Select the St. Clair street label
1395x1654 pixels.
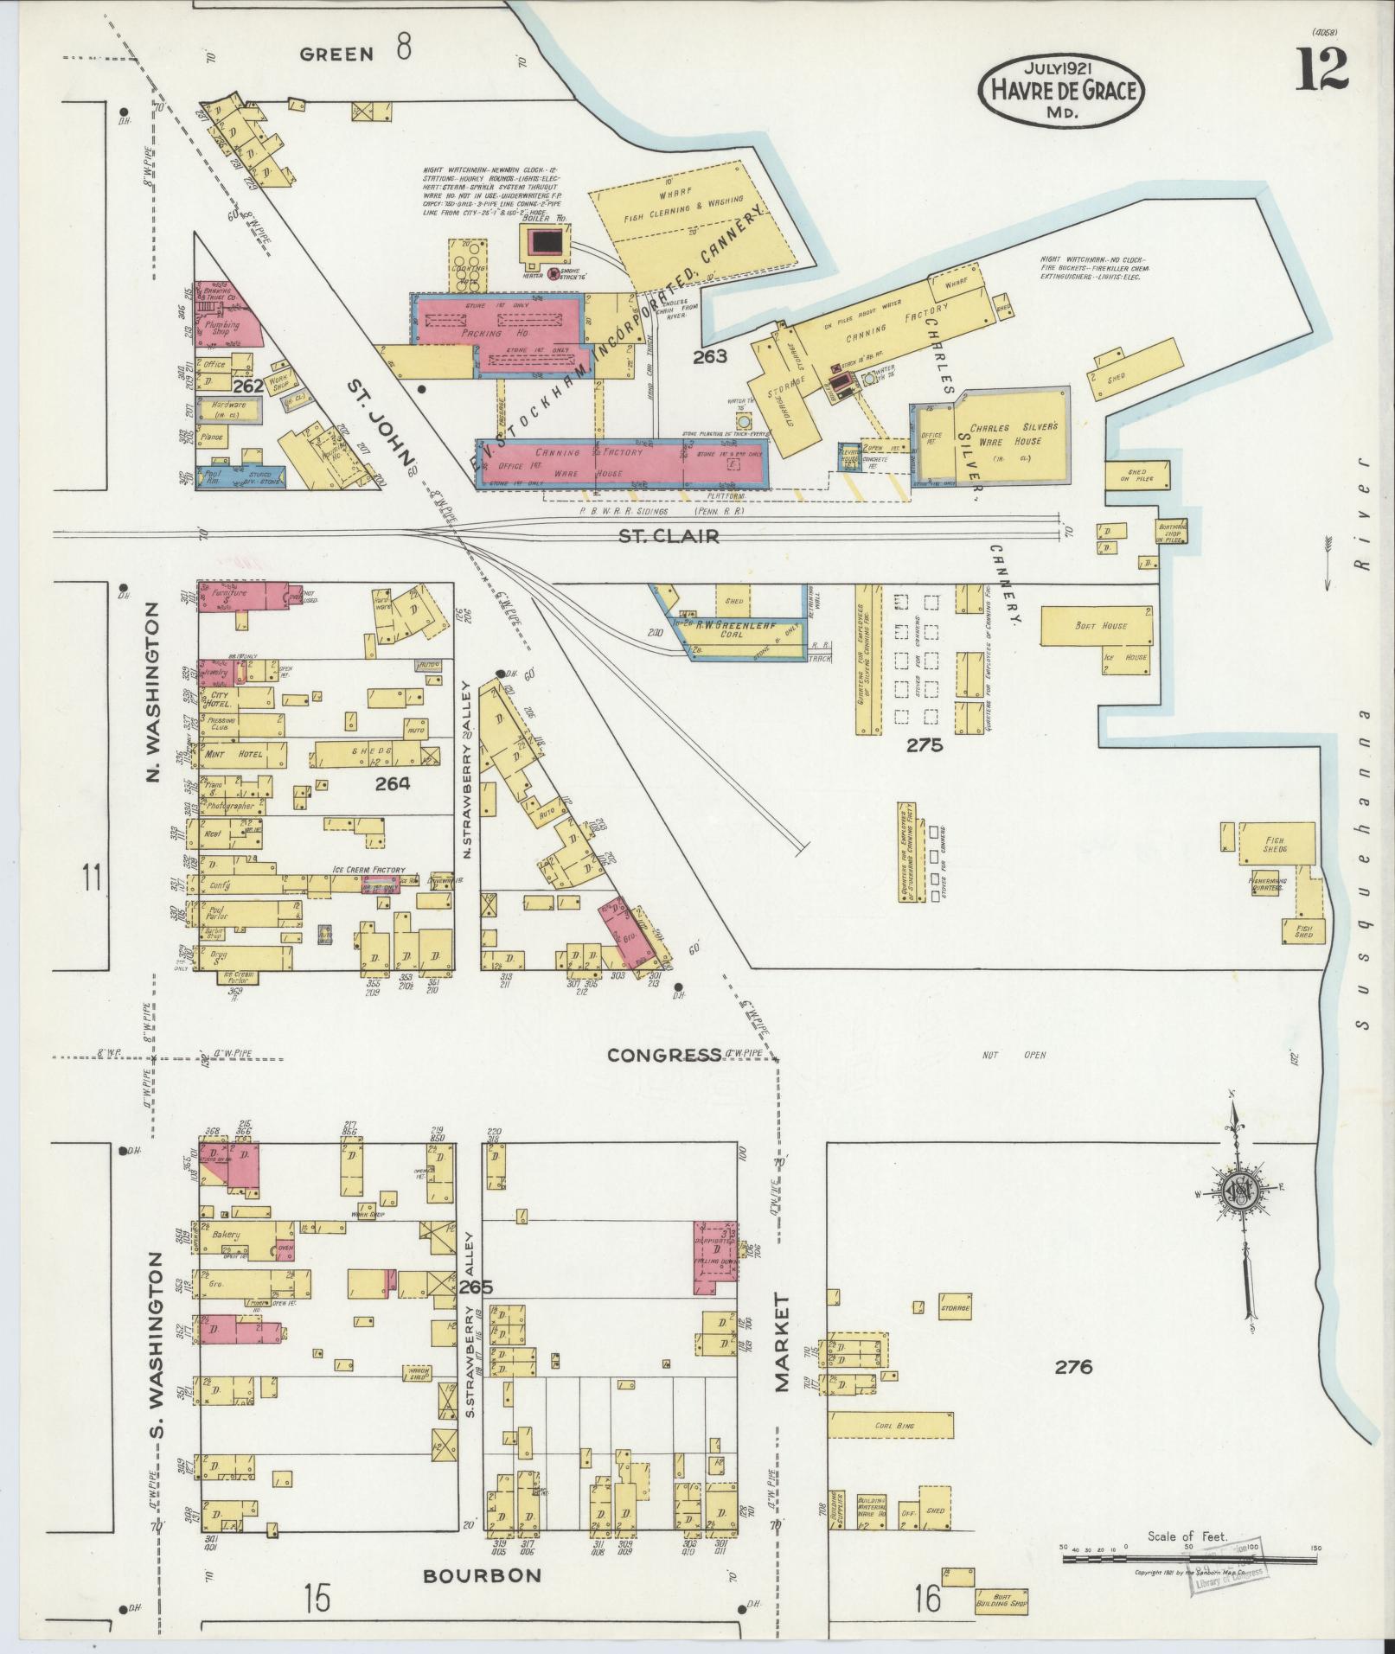click(x=669, y=536)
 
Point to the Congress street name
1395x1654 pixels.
click(x=664, y=1055)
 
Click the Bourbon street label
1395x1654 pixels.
click(x=482, y=1575)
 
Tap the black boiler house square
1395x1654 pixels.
click(x=543, y=241)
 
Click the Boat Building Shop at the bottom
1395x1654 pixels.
click(x=1001, y=1602)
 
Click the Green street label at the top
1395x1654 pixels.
click(x=337, y=54)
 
